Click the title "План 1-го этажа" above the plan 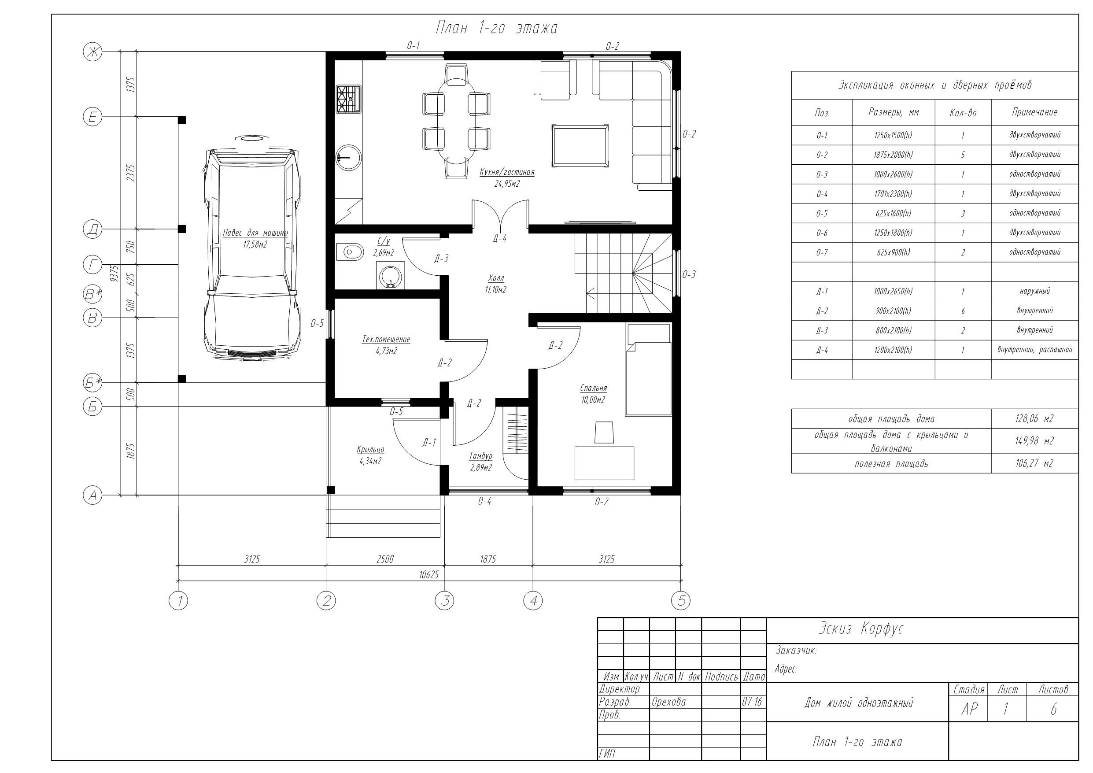pos(496,28)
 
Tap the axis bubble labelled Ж pos(92,52)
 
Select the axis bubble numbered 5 pos(681,601)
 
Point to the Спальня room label pos(594,388)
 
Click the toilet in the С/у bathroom pos(350,251)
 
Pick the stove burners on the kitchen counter pos(349,99)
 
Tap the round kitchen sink pos(348,157)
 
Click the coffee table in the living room pos(580,146)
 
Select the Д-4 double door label pos(499,238)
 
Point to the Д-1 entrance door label pos(429,443)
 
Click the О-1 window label pos(413,46)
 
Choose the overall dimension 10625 pos(429,575)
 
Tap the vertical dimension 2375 pos(131,173)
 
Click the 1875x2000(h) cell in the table pos(893,155)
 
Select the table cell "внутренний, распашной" pos(1034,350)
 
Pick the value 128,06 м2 pos(1034,418)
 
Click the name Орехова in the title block pos(668,702)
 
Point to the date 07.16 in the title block pos(752,702)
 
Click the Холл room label pos(496,278)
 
